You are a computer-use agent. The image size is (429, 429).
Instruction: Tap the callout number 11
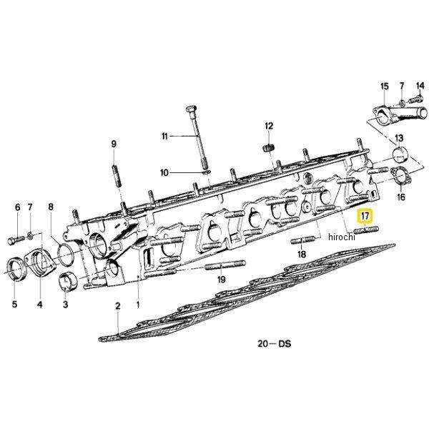(x=164, y=136)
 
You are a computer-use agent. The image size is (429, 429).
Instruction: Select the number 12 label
(x=270, y=127)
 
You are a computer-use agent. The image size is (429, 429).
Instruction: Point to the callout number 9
(x=113, y=145)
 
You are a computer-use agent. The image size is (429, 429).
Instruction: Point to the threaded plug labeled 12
(x=270, y=148)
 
